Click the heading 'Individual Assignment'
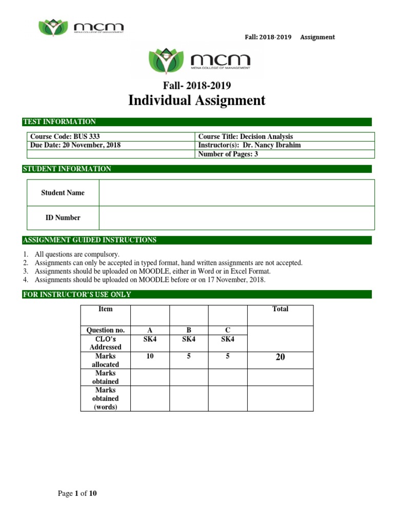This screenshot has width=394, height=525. [197, 100]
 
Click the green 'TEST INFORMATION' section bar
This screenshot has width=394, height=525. [197, 122]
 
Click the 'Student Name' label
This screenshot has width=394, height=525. [63, 193]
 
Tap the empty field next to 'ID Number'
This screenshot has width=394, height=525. [237, 217]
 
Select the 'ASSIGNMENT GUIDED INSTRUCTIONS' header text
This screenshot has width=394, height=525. [90, 240]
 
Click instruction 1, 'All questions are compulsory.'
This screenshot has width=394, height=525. [77, 254]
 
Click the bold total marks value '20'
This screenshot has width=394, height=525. [280, 357]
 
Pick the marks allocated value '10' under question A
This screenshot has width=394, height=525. [150, 356]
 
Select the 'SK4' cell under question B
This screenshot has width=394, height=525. [189, 339]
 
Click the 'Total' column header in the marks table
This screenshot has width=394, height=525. [280, 309]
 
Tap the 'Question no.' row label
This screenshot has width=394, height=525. [106, 330]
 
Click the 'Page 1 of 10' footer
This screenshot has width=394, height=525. [77, 494]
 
